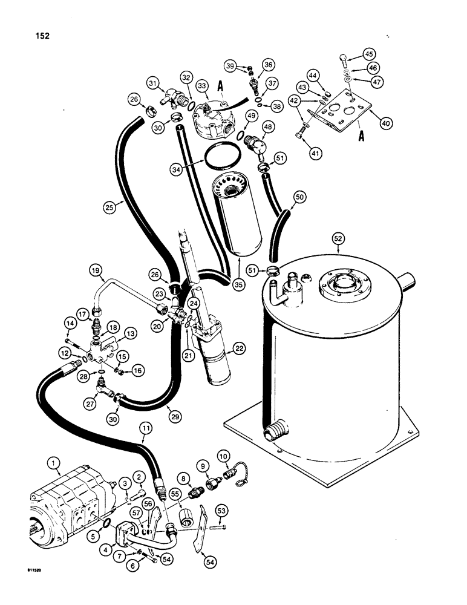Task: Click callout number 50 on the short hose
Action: (299, 196)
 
